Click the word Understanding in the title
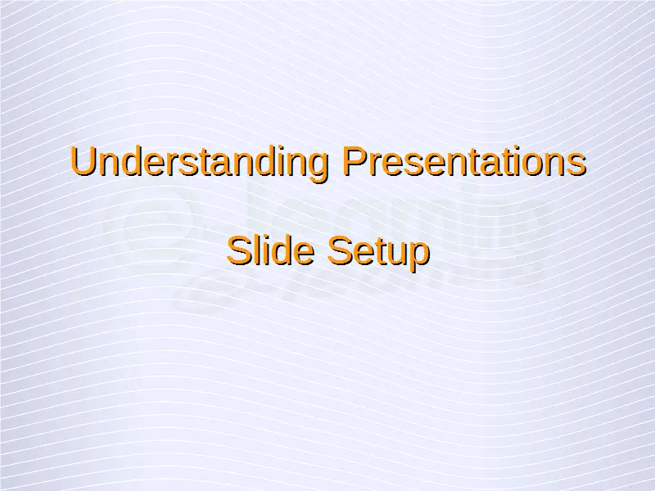tap(199, 164)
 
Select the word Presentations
tap(464, 160)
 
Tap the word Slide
tap(270, 250)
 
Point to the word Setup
tap(378, 254)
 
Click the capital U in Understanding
tap(84, 160)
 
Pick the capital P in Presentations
tap(355, 160)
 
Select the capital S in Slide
tap(239, 251)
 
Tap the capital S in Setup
tap(341, 251)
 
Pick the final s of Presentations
tap(576, 164)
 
